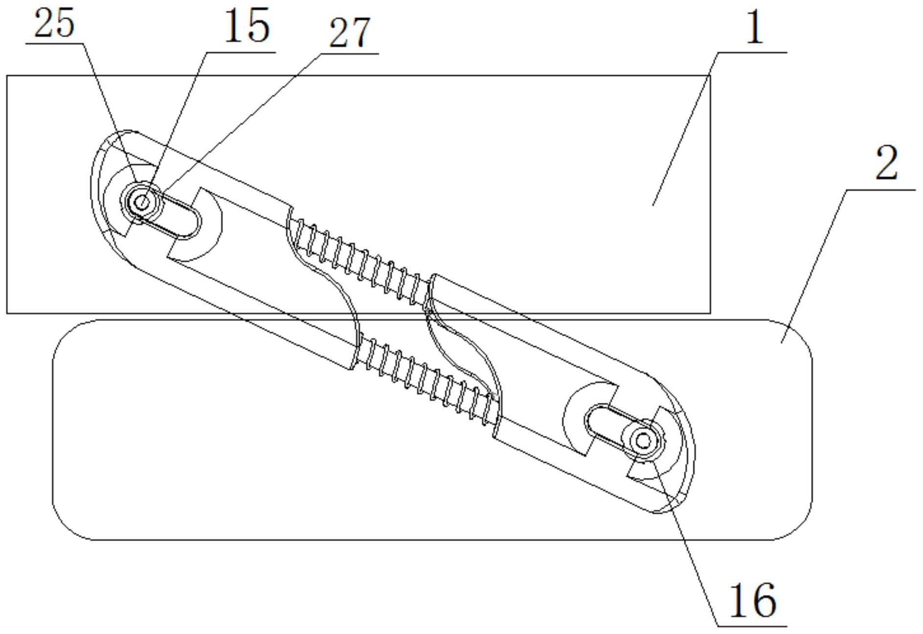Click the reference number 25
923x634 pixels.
pos(54,23)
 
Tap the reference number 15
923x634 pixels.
pos(247,25)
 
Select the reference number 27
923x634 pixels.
pos(350,33)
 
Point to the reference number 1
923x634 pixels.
pos(755,27)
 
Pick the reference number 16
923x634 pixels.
pos(753,600)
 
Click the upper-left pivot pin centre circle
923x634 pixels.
pos(142,202)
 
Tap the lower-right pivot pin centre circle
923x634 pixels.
pos(643,441)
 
